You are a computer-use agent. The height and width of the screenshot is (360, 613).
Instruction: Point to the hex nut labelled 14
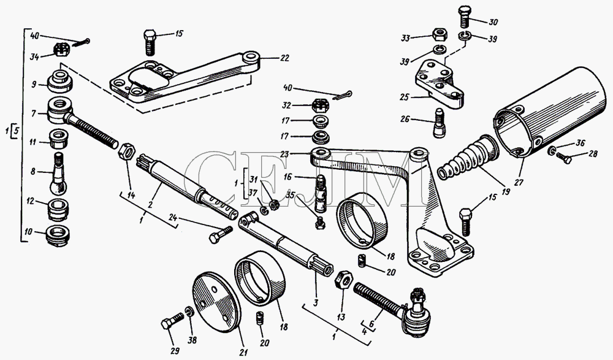click(126, 151)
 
